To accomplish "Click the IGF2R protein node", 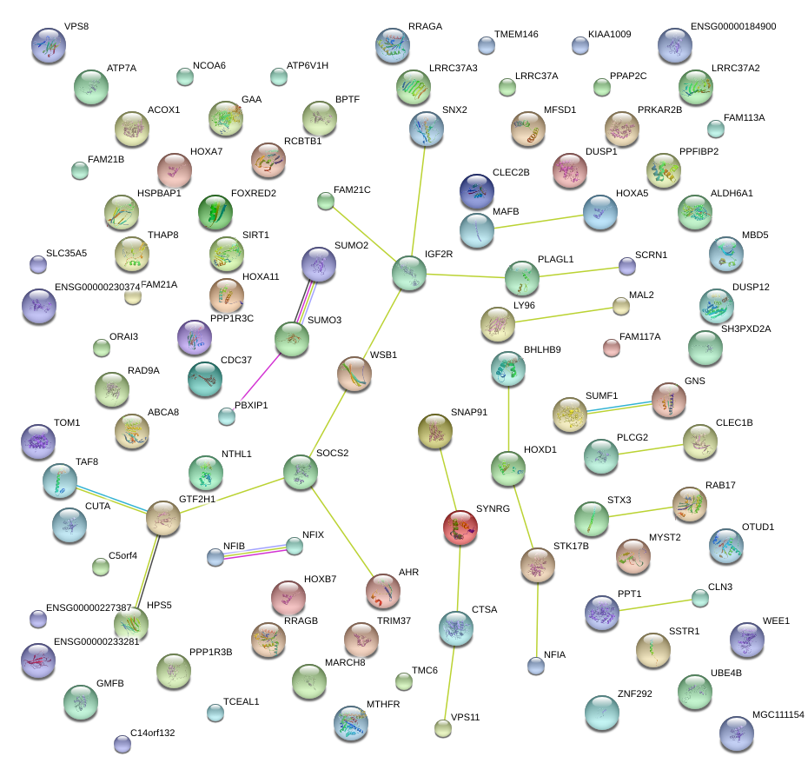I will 409,273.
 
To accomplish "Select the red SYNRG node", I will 460,528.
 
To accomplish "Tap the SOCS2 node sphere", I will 301,471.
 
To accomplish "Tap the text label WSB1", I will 383,355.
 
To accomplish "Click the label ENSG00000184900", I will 733,27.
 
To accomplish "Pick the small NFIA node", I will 536,666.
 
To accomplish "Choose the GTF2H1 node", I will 162,518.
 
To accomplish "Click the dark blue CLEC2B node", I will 477,191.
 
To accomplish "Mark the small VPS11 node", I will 443,728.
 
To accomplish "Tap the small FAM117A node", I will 612,348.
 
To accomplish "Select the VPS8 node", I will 48,45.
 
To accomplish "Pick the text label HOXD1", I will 540,449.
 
